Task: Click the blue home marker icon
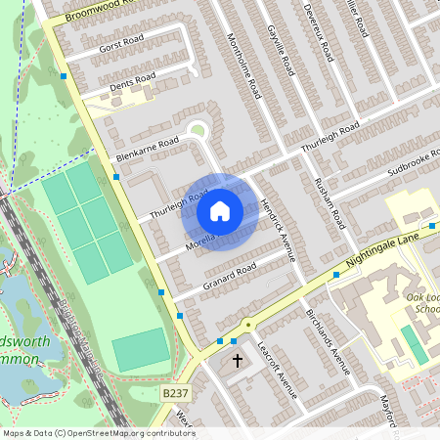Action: tap(220, 211)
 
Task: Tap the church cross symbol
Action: tap(237, 362)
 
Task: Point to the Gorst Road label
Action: tap(120, 46)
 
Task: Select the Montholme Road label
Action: tap(244, 65)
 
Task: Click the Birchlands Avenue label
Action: tap(327, 342)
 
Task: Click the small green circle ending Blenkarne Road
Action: tap(198, 128)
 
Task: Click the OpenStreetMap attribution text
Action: tap(98, 432)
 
